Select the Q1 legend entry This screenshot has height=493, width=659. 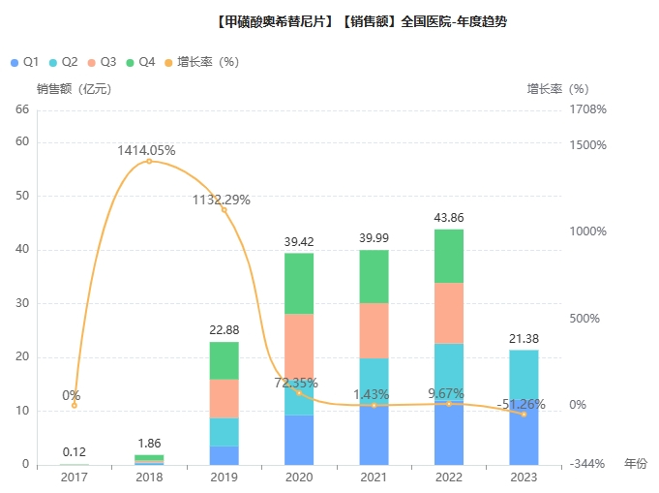click(25, 62)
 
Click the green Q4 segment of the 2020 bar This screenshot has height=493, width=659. click(299, 283)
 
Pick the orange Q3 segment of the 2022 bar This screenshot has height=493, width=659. click(448, 313)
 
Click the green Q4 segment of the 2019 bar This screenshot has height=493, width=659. click(225, 359)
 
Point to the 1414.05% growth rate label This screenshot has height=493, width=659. click(146, 150)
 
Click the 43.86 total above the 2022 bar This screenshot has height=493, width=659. click(448, 218)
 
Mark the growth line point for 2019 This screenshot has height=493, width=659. click(225, 210)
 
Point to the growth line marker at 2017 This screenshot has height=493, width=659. click(75, 405)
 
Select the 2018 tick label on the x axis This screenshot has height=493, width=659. click(149, 477)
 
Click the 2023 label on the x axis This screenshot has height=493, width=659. click(524, 477)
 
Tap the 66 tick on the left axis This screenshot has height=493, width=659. click(21, 109)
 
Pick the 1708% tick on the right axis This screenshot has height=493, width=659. click(587, 109)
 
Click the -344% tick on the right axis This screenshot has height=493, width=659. click(587, 465)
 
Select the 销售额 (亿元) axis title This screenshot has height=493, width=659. click(74, 89)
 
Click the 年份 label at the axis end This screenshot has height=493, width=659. click(635, 464)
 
